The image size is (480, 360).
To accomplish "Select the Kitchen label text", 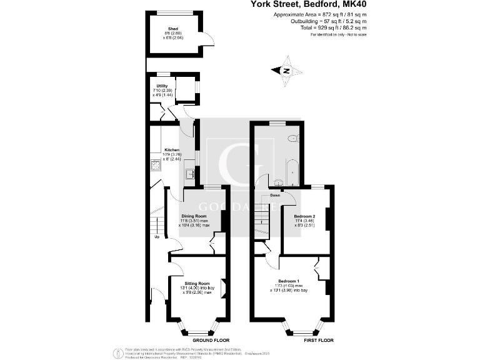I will click(x=172, y=151).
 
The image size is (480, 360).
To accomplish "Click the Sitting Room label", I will click(x=197, y=283).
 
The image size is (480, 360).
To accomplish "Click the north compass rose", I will click(x=285, y=71).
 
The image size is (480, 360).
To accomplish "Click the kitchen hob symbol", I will click(x=154, y=167).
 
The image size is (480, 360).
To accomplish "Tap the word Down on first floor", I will click(x=275, y=196).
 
